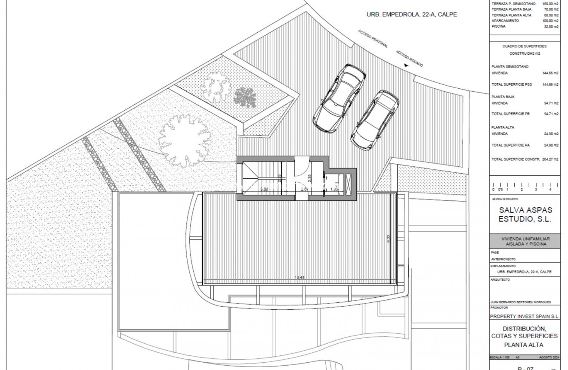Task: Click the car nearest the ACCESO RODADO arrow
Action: (x=375, y=119)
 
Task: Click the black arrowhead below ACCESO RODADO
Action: (x=405, y=65)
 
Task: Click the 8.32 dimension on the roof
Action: (x=388, y=238)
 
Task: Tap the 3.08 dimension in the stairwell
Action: (x=264, y=189)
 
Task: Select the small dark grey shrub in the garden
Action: (x=244, y=97)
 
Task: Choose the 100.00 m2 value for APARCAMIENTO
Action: (x=550, y=21)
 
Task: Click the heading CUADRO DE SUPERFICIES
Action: (x=524, y=46)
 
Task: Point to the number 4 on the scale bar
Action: (x=550, y=190)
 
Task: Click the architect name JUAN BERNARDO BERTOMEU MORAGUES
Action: (x=521, y=302)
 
